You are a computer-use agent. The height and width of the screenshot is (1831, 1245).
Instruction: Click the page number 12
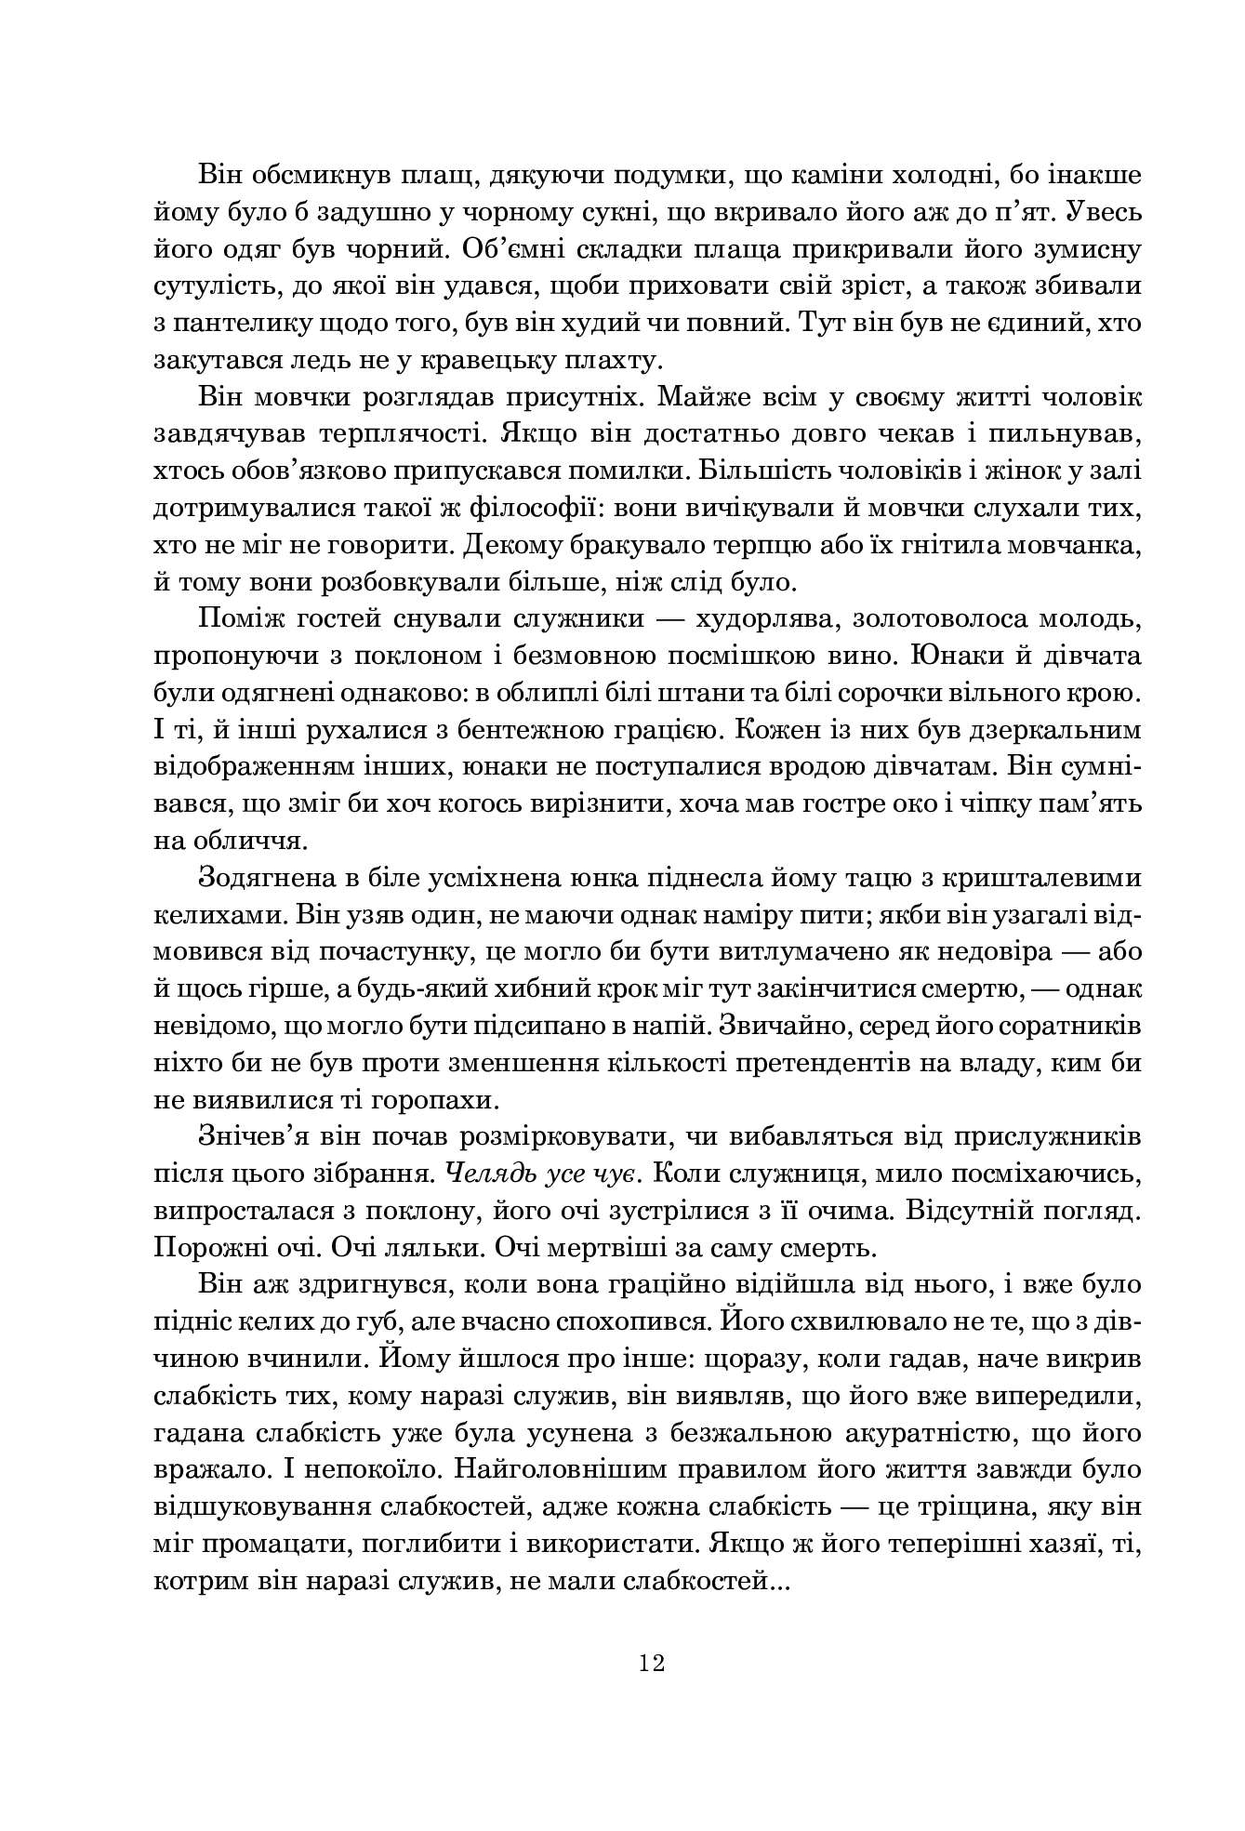[x=651, y=1663]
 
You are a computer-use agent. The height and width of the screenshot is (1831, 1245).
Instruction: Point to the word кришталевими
[x=1042, y=878]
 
